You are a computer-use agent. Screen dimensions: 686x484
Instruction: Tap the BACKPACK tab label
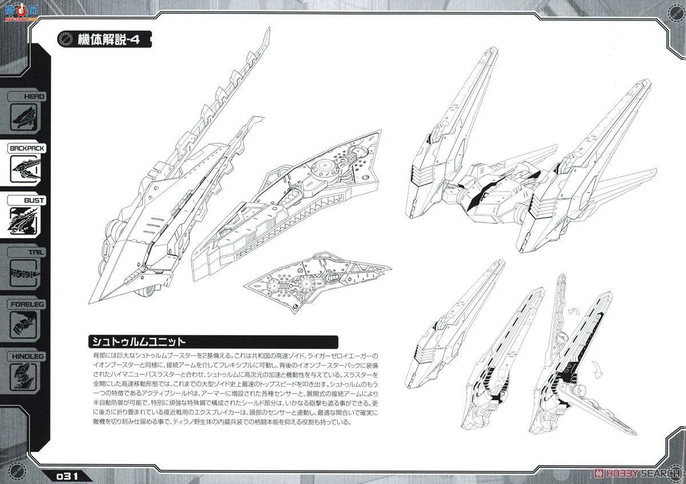(26, 148)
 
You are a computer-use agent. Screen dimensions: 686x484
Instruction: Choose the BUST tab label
(26, 201)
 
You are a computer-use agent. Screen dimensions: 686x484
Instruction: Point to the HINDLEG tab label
(26, 356)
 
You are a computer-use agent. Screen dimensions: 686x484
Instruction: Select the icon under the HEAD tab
(24, 118)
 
